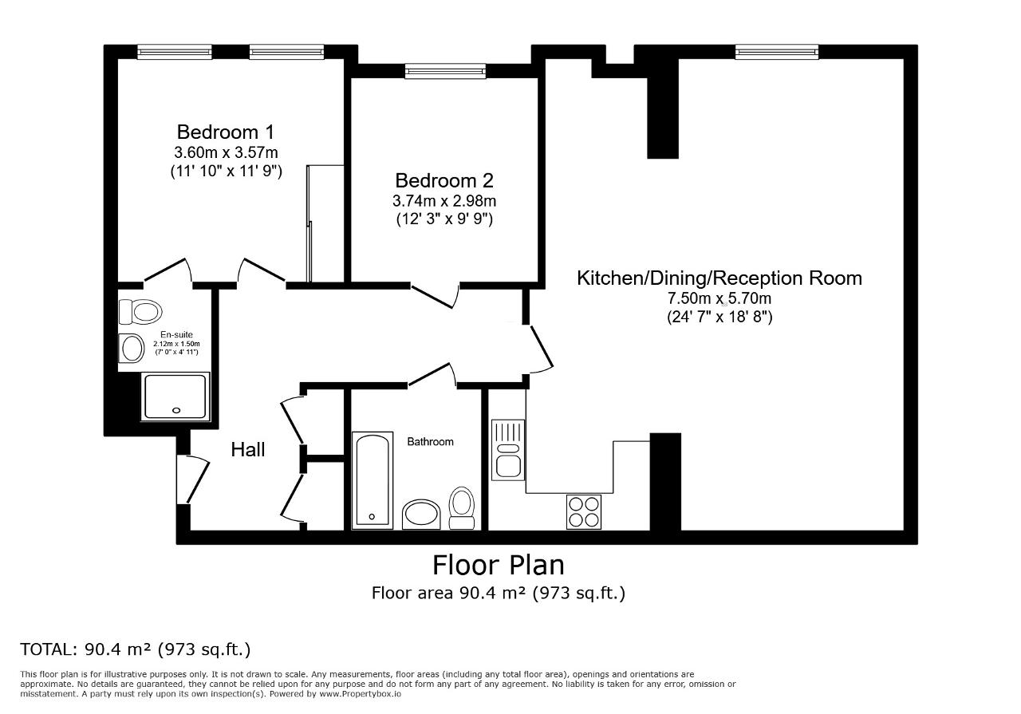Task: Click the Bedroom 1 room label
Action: tap(226, 132)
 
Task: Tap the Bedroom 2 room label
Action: tap(444, 180)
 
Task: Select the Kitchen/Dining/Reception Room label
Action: tap(719, 278)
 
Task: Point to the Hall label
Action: tap(247, 450)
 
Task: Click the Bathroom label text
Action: tap(430, 441)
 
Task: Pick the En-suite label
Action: tap(176, 334)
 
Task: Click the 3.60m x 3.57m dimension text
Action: tap(226, 152)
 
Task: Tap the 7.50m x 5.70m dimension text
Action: tap(719, 298)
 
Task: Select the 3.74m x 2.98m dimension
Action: tap(444, 200)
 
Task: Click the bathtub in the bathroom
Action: tap(373, 480)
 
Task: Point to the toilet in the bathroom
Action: tap(462, 508)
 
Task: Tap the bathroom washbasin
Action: tap(421, 515)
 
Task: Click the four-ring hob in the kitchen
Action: tap(584, 511)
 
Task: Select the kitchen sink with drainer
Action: tap(508, 450)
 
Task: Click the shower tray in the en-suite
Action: tap(175, 396)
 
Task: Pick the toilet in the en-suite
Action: tap(140, 312)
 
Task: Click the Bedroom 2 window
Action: tap(445, 71)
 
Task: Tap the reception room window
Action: tap(777, 52)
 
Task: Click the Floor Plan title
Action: tap(499, 566)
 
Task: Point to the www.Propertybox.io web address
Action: tap(360, 694)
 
